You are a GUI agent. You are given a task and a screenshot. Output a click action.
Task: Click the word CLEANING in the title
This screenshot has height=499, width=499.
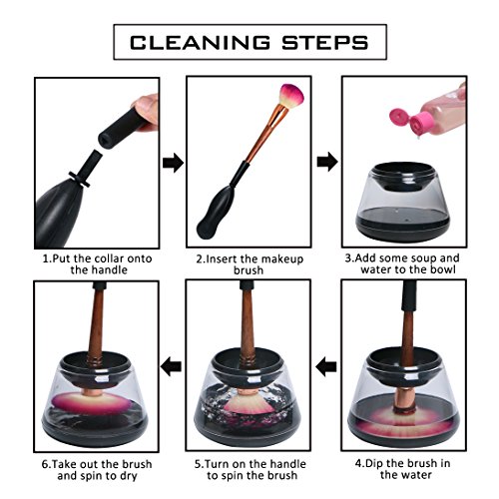point(200,43)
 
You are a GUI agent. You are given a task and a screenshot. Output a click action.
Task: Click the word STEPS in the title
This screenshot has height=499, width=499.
point(325,43)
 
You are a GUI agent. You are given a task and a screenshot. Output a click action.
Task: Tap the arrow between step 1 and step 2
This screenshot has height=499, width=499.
point(173,163)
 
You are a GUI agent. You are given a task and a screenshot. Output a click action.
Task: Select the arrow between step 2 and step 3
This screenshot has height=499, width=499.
point(327,162)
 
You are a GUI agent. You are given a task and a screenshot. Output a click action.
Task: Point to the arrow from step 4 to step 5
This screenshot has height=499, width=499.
point(326,367)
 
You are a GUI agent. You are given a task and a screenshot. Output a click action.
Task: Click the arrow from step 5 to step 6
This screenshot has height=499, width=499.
point(171,367)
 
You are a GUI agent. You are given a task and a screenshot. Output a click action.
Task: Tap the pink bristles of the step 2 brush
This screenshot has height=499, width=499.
point(291,96)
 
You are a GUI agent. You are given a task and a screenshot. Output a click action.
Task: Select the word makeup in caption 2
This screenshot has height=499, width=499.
point(286,259)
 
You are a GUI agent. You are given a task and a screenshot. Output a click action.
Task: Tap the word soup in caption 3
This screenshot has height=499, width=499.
point(419,258)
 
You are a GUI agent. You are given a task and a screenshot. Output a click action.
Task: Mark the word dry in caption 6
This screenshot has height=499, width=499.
point(129,476)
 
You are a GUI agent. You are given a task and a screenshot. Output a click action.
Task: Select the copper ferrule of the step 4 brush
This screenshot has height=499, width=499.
point(403,398)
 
